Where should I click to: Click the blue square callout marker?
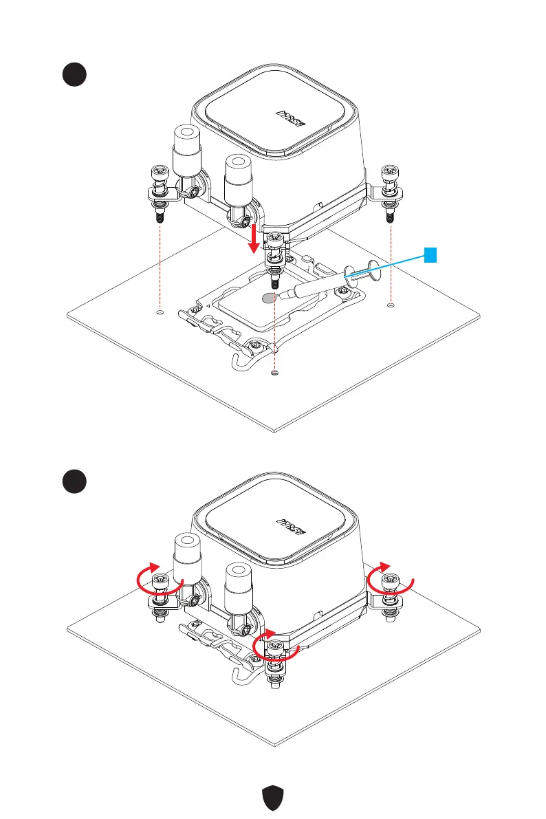pyautogui.click(x=430, y=256)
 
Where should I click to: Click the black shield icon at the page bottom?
pyautogui.click(x=273, y=799)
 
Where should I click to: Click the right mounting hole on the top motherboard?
pyautogui.click(x=391, y=305)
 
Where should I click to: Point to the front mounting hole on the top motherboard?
pyautogui.click(x=274, y=373)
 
